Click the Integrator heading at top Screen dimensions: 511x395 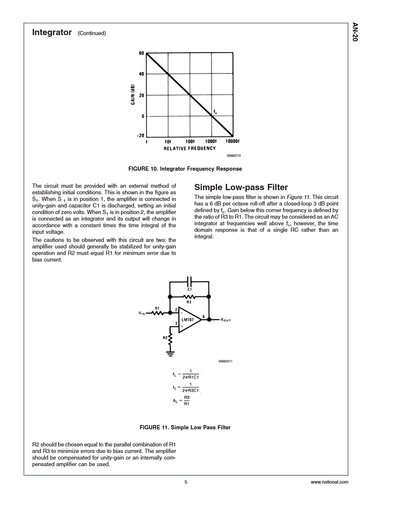click(x=52, y=33)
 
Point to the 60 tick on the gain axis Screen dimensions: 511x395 click(x=141, y=53)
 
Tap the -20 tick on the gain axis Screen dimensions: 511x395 click(x=140, y=135)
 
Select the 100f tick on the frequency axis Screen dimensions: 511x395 click(x=190, y=142)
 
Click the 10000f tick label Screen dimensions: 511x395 click(x=233, y=142)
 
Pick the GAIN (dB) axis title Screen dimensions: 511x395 click(x=132, y=95)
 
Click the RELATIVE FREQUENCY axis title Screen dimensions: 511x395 click(x=189, y=148)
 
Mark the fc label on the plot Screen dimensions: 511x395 click(x=215, y=112)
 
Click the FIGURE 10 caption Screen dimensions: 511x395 click(x=184, y=169)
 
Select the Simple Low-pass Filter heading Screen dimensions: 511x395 click(x=241, y=187)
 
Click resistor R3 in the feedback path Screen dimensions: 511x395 click(x=189, y=297)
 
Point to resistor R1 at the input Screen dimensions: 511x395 click(x=158, y=312)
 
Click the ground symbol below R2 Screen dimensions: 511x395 click(x=170, y=353)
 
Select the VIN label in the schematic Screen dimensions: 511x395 click(x=142, y=313)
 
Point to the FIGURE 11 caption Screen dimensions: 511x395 click(x=185, y=427)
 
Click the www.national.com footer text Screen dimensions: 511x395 click(x=329, y=482)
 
